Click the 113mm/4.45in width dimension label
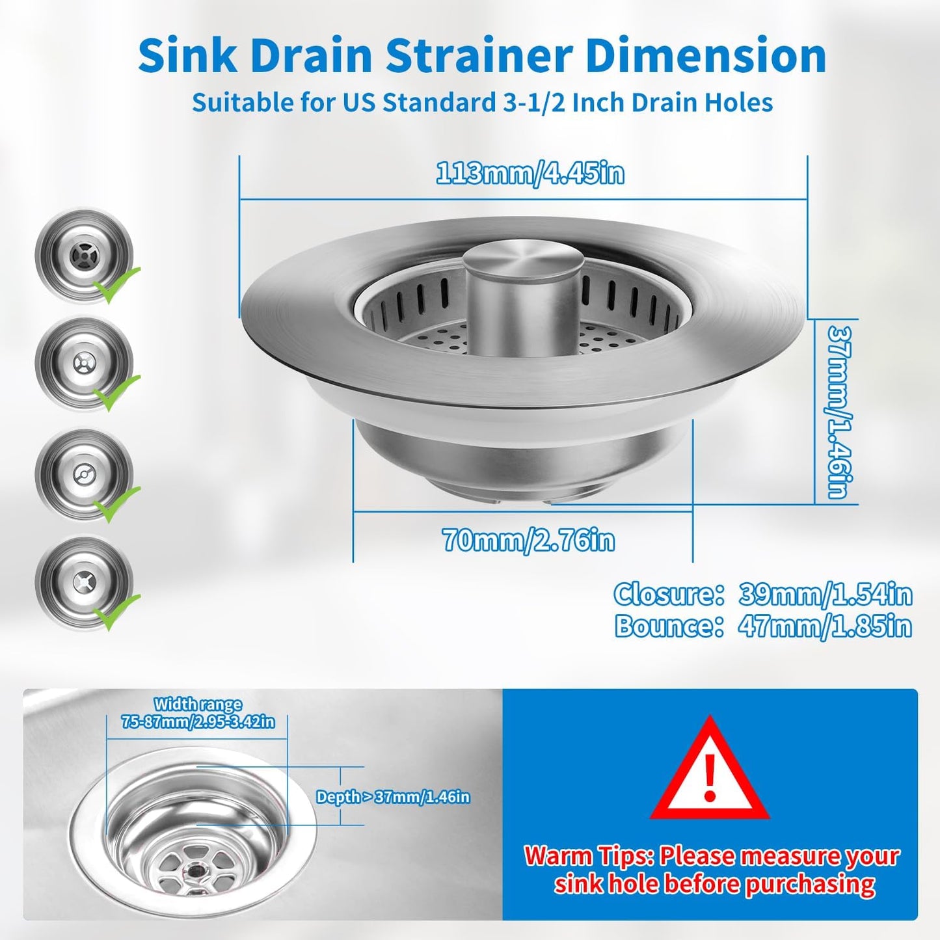[x=530, y=174]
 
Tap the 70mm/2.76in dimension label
[x=528, y=541]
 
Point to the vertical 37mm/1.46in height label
[x=839, y=412]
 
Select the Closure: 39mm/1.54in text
[x=762, y=595]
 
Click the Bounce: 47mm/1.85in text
[x=762, y=626]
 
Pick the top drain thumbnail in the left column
[x=84, y=254]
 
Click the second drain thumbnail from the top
[x=84, y=364]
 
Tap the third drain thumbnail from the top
[x=84, y=474]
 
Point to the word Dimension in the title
[x=705, y=57]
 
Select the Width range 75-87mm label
[x=198, y=713]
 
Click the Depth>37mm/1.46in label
[x=393, y=797]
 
